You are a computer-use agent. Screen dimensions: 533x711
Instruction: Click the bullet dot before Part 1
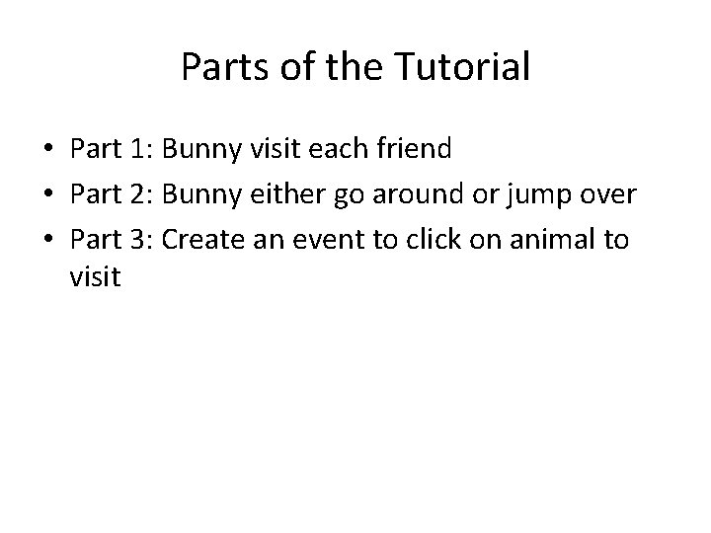[x=47, y=151]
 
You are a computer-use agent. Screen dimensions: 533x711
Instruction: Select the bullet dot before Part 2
[x=47, y=194]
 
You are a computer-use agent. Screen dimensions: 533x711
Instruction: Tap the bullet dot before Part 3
[x=47, y=238]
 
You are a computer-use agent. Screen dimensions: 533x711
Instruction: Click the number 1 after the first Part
[x=137, y=150]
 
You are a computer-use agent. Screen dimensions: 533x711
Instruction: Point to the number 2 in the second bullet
[x=137, y=193]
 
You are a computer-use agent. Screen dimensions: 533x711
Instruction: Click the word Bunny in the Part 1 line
[x=197, y=150]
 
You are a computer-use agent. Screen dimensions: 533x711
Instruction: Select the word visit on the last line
[x=96, y=278]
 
